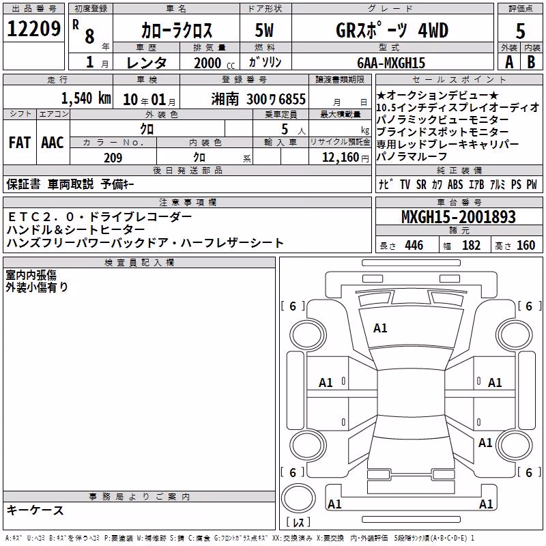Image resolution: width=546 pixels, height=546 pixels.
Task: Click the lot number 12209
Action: pos(33,29)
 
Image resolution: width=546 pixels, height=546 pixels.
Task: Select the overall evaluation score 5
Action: pos(520,31)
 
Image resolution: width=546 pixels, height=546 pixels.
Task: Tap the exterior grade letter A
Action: pos(509,62)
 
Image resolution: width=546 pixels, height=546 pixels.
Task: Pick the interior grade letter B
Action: pos(531,62)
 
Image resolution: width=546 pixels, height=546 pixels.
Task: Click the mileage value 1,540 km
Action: pos(86,98)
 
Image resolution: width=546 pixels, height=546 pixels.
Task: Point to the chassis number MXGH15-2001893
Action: pos(459,216)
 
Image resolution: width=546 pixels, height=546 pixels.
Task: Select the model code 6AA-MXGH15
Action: pos(391,63)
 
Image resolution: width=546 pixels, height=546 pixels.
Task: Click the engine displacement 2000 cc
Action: pos(214,63)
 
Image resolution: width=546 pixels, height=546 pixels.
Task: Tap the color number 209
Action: pos(113,158)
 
